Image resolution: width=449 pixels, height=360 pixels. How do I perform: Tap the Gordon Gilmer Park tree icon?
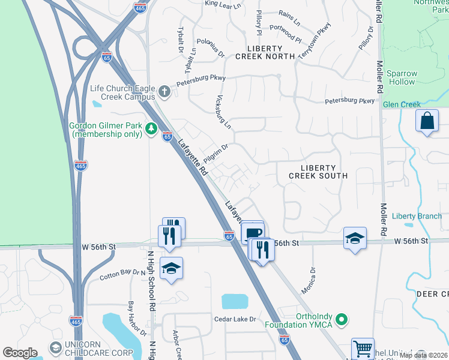pyautogui.click(x=152, y=129)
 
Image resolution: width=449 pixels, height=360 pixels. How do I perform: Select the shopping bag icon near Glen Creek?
pyautogui.click(x=427, y=121)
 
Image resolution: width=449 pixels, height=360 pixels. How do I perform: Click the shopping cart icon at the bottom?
pyautogui.click(x=363, y=348)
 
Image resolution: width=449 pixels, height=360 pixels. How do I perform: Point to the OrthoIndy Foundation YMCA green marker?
pyautogui.click(x=342, y=320)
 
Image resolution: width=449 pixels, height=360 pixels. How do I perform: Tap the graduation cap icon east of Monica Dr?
pyautogui.click(x=355, y=238)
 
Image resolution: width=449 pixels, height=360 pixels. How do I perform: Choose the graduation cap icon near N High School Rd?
pyautogui.click(x=171, y=268)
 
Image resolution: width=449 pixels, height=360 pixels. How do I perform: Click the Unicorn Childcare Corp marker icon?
pyautogui.click(x=56, y=347)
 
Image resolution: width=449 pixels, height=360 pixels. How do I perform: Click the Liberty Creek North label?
pyautogui.click(x=265, y=52)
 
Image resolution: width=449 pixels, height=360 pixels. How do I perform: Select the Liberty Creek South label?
pyautogui.click(x=318, y=171)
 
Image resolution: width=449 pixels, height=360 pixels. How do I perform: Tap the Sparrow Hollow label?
pyautogui.click(x=402, y=77)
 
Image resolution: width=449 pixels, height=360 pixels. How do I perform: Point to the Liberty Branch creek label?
pyautogui.click(x=417, y=216)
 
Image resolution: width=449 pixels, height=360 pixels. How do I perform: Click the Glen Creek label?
pyautogui.click(x=402, y=104)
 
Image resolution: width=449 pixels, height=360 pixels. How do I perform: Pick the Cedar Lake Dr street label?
pyautogui.click(x=235, y=319)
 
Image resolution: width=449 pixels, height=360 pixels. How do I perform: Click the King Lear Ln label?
pyautogui.click(x=223, y=4)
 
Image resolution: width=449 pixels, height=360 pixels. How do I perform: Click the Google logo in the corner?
pyautogui.click(x=20, y=353)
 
